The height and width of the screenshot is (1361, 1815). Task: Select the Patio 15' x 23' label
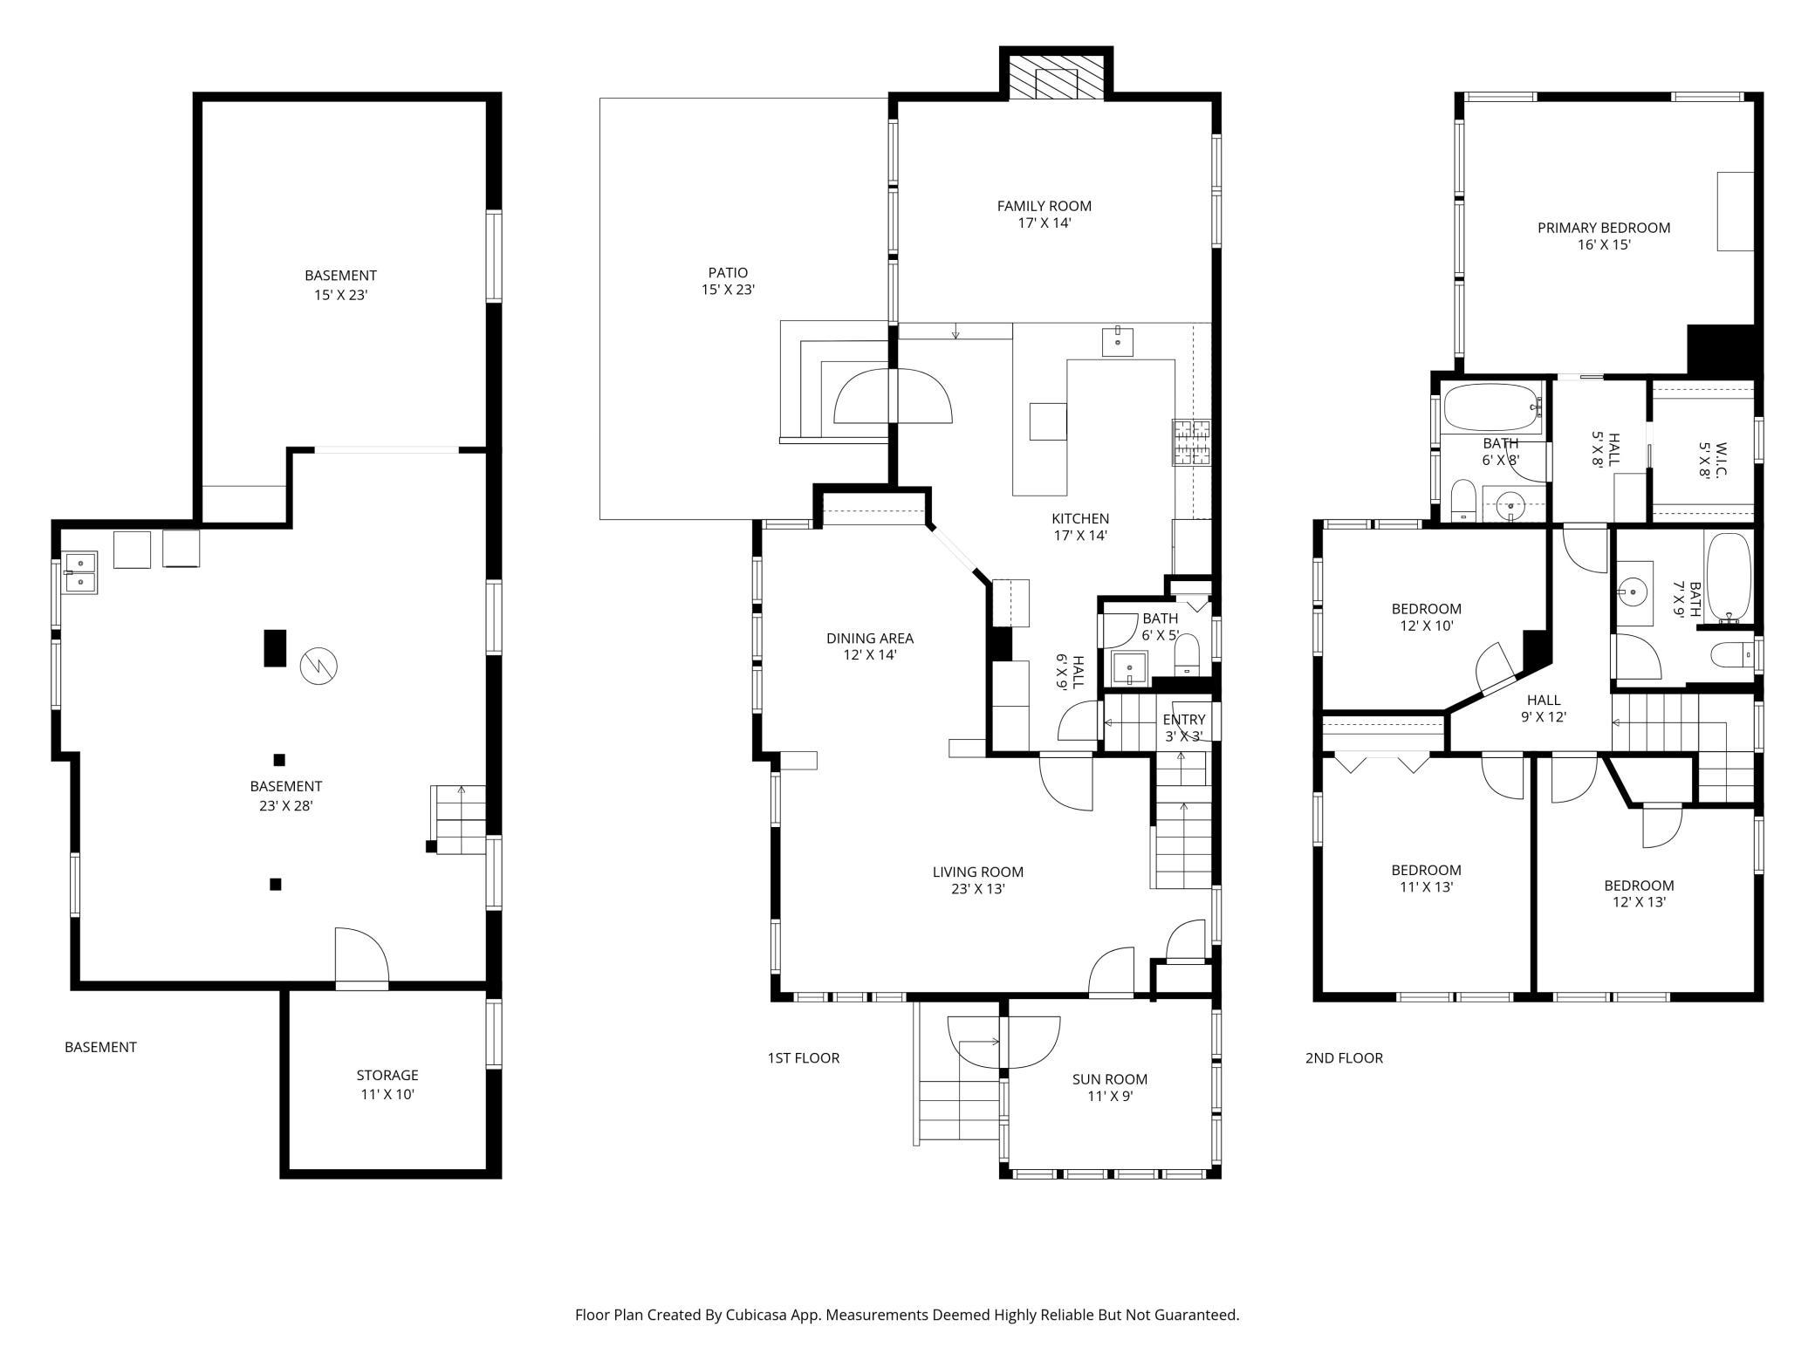(x=728, y=281)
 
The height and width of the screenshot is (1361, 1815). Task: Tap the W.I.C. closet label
(x=1711, y=460)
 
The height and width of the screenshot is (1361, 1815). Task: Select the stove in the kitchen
(x=1192, y=442)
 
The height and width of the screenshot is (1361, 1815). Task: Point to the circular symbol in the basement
(x=318, y=667)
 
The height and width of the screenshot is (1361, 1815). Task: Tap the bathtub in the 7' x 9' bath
(x=1728, y=577)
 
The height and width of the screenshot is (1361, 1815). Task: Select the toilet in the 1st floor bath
(x=1187, y=654)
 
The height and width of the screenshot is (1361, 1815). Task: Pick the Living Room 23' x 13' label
(x=977, y=880)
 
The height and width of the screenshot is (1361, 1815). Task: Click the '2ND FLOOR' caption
(x=1344, y=1058)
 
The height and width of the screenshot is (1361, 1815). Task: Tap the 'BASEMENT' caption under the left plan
(x=100, y=1047)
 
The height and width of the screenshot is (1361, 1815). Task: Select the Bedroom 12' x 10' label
(x=1426, y=617)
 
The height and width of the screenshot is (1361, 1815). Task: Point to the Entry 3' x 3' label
(x=1183, y=728)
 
